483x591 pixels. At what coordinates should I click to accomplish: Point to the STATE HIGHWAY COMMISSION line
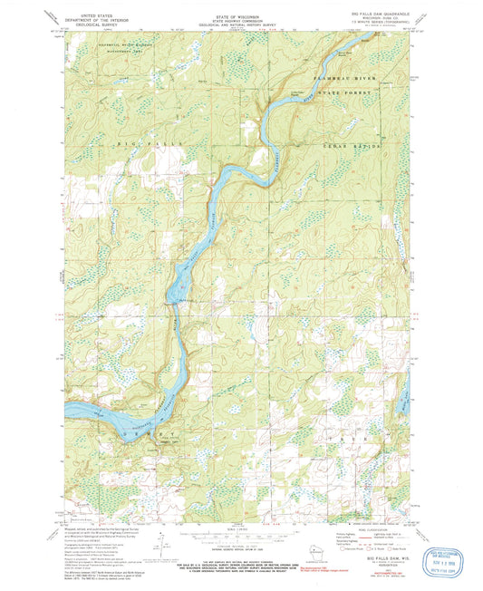pos(240,20)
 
